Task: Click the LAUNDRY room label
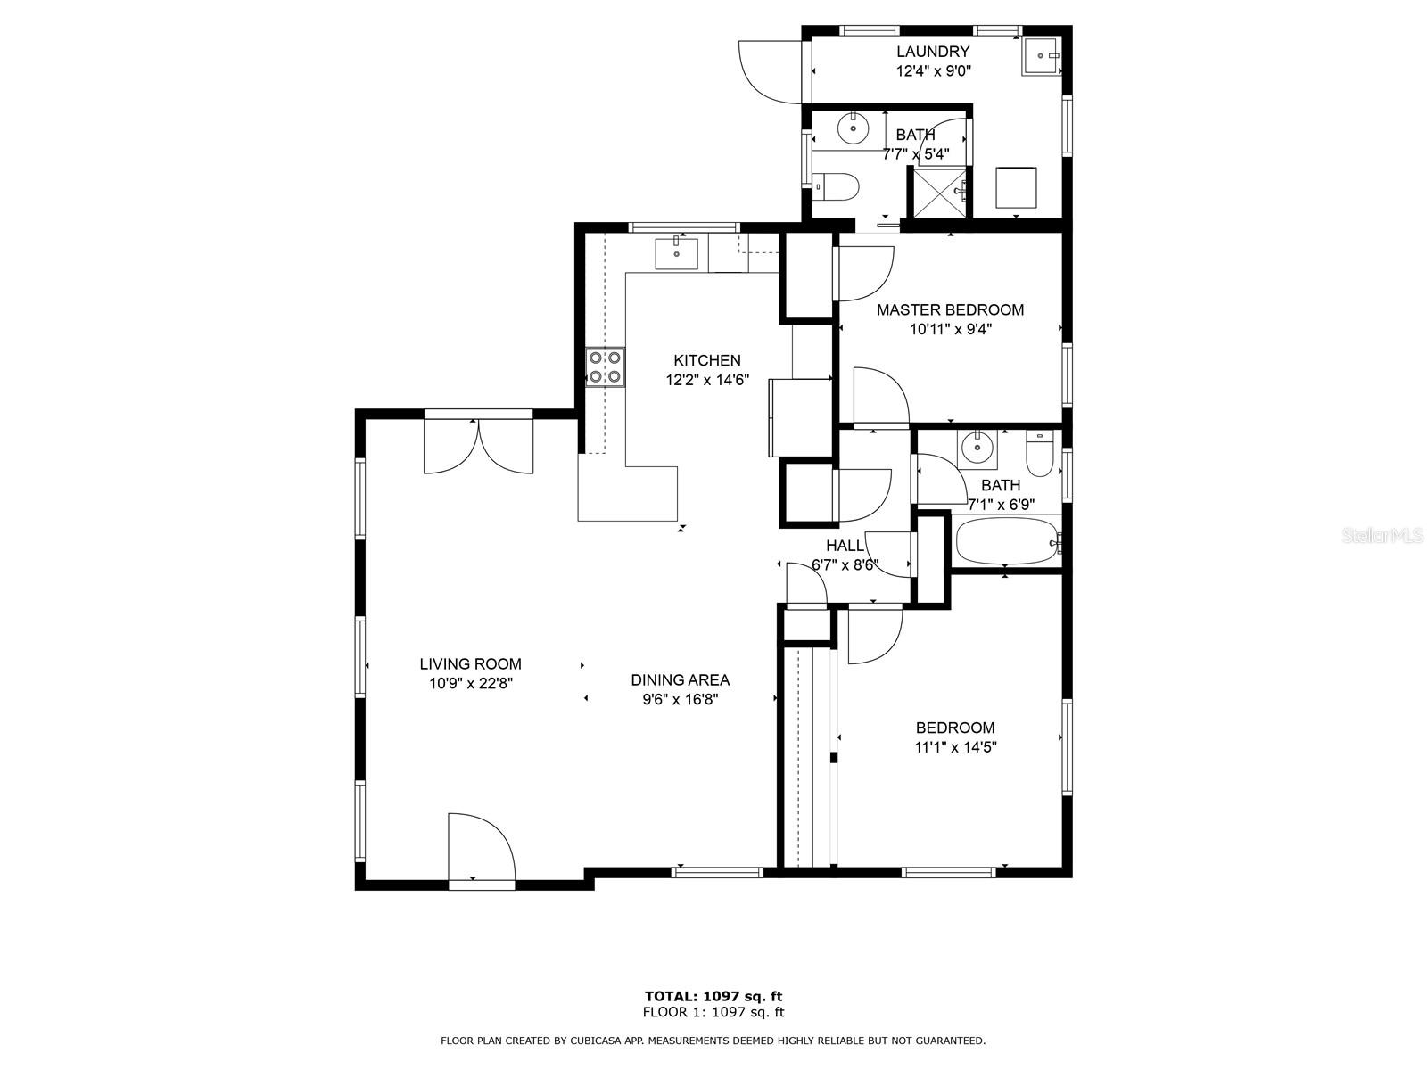pos(932,52)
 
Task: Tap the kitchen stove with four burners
pos(606,367)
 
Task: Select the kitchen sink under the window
pos(676,254)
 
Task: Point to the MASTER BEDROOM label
pos(950,310)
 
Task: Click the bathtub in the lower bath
pos(1006,541)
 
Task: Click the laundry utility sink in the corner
pos(1042,56)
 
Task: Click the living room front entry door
pos(481,851)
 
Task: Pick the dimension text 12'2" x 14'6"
pos(707,380)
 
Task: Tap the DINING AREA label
pos(680,680)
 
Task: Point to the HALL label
pos(845,546)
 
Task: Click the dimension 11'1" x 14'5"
pos(956,747)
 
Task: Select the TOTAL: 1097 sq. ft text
pos(713,996)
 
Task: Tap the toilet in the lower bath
pos(1040,454)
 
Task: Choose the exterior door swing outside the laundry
pos(771,71)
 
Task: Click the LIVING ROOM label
pos(470,664)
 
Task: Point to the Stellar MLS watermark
pos(1382,535)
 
